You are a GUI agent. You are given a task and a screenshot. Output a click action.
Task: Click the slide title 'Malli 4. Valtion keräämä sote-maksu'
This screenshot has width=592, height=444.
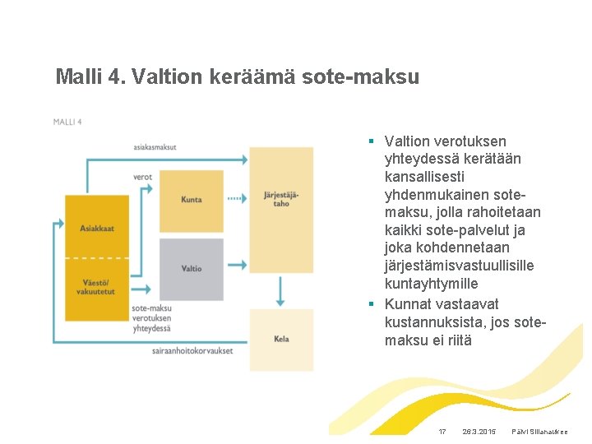click(237, 77)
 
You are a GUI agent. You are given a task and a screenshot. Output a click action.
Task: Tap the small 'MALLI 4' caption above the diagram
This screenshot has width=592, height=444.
click(67, 122)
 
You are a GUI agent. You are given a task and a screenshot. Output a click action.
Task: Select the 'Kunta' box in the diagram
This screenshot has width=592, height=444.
click(191, 199)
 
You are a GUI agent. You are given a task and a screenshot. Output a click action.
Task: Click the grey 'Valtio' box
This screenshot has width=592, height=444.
click(191, 268)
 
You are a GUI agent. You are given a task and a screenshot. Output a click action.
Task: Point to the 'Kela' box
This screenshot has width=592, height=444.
click(281, 339)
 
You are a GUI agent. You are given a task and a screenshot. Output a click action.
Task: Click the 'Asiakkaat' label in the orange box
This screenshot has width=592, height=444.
click(97, 227)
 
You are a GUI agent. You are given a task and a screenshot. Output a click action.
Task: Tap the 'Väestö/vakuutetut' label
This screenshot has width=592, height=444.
click(97, 287)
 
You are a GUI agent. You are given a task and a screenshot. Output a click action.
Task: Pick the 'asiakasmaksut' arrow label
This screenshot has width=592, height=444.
click(155, 147)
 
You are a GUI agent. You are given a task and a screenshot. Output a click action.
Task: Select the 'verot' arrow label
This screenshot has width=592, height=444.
click(142, 177)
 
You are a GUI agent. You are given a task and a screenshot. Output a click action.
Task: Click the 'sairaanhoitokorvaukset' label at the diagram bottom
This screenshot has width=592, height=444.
click(192, 351)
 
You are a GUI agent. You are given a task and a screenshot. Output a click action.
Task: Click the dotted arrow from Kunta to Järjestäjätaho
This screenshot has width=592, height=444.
click(236, 199)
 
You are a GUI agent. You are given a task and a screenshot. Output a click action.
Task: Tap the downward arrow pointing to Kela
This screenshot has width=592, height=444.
click(281, 292)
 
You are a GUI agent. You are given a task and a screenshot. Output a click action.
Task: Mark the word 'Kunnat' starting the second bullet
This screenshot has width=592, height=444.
click(408, 303)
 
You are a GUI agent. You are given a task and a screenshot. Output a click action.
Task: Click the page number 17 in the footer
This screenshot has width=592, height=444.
click(442, 432)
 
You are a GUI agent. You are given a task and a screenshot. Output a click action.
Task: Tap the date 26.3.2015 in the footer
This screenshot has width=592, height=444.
click(479, 432)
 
